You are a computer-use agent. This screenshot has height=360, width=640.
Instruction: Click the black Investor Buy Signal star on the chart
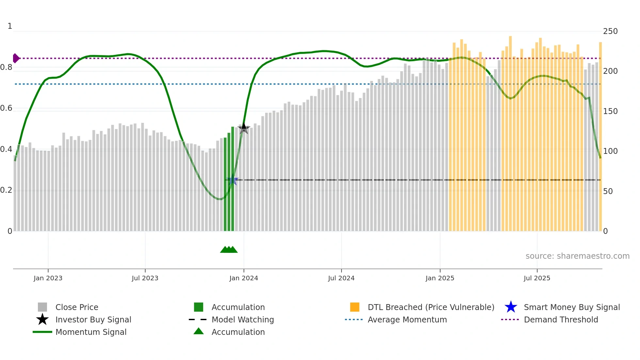(x=244, y=128)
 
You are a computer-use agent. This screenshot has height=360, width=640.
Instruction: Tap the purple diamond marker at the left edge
(x=16, y=58)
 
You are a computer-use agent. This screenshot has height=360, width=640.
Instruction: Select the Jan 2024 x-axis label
(x=244, y=278)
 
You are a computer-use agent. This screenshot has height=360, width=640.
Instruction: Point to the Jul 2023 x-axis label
(x=145, y=278)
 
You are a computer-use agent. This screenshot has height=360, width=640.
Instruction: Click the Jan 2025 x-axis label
(x=440, y=278)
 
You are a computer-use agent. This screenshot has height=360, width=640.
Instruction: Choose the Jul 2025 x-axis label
(x=537, y=278)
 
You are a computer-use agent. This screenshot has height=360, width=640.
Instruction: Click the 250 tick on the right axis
(x=610, y=31)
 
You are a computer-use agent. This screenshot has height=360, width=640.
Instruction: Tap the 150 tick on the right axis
(x=610, y=111)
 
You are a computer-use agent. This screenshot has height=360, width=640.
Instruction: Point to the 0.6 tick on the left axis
(x=6, y=108)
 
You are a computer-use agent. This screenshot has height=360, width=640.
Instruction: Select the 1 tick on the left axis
(x=10, y=26)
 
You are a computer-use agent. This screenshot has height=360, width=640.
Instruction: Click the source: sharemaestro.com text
(x=577, y=256)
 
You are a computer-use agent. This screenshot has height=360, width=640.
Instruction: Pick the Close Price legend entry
(x=77, y=307)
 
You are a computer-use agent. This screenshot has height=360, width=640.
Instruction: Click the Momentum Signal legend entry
(x=91, y=332)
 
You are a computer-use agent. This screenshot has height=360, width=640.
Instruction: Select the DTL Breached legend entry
(x=431, y=307)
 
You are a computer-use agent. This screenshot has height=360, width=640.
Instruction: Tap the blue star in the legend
(x=511, y=307)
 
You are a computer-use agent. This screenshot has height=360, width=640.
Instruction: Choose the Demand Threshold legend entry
(x=561, y=319)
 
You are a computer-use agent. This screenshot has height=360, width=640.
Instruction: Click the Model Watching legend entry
(x=243, y=319)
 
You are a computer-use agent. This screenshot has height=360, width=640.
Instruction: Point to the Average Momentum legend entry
(x=407, y=319)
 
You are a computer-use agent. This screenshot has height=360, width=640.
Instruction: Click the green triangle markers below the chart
(x=229, y=250)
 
